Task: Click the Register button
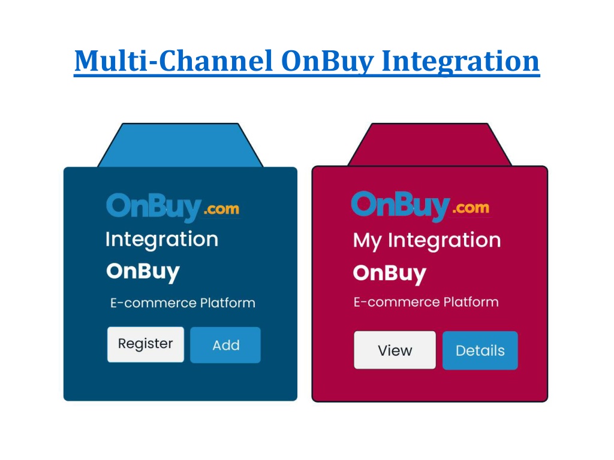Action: click(146, 344)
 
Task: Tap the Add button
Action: click(225, 345)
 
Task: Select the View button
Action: click(395, 350)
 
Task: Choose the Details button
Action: click(480, 350)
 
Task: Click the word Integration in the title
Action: click(460, 62)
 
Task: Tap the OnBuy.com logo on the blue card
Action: click(173, 207)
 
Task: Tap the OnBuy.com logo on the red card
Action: click(420, 206)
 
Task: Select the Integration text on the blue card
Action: click(162, 240)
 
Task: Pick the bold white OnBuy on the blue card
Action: click(143, 271)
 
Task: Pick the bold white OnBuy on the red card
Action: click(390, 273)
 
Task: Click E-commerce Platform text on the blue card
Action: click(183, 302)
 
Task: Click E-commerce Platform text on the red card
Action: click(426, 302)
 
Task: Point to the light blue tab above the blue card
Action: click(180, 146)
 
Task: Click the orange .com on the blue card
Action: click(222, 209)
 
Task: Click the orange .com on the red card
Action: click(471, 208)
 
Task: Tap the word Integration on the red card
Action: click(444, 241)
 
